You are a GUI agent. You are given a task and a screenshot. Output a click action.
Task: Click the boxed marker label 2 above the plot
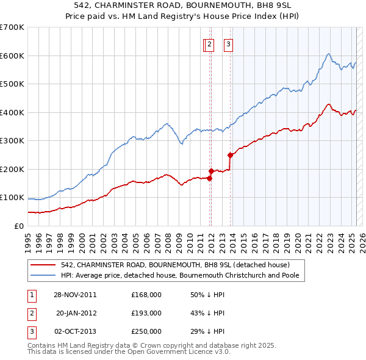point(209,44)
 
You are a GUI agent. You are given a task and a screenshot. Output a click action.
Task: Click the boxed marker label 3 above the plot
point(228,44)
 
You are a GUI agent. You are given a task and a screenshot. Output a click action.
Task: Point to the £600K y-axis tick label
point(12,56)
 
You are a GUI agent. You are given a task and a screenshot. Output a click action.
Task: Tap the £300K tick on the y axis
point(12,140)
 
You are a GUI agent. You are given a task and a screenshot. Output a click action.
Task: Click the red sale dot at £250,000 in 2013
point(231,155)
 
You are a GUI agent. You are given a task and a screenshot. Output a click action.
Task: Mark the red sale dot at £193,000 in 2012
point(211,171)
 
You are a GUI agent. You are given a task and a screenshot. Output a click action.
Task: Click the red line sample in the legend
point(43,265)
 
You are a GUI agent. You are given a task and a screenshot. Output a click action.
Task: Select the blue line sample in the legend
point(43,275)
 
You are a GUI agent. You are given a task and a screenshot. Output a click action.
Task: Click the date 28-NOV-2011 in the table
point(75,295)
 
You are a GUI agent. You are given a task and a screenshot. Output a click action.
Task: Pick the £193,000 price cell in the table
point(146,313)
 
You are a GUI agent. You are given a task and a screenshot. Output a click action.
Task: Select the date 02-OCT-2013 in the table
point(75,331)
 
